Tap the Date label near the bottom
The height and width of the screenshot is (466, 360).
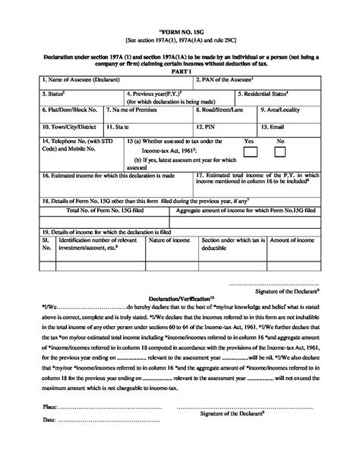tap(48, 419)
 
